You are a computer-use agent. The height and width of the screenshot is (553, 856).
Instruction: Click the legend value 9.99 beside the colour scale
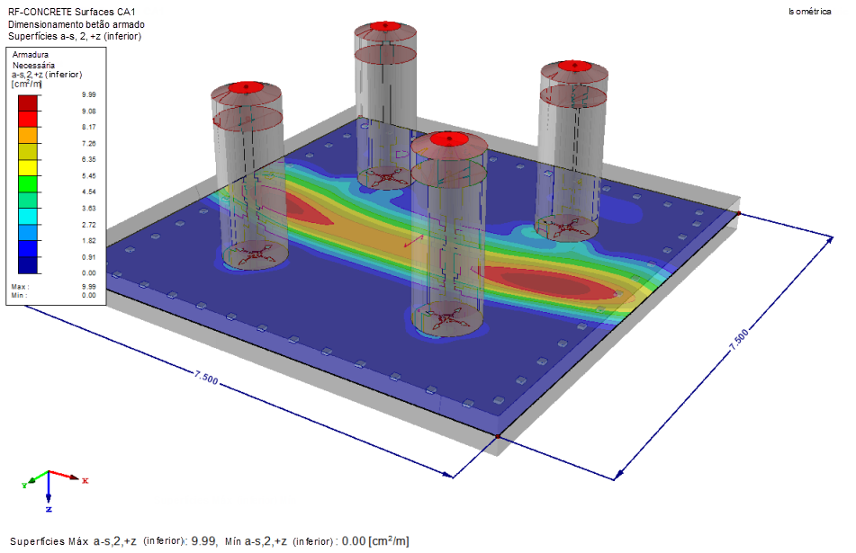(89, 95)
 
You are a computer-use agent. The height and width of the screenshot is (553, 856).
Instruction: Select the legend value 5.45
(89, 175)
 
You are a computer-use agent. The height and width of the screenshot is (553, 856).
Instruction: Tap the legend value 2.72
(89, 225)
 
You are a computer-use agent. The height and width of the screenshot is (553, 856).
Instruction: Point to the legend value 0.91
(89, 257)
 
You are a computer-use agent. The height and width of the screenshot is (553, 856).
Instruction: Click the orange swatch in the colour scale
(28, 135)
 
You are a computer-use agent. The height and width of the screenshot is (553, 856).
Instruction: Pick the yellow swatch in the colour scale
(28, 167)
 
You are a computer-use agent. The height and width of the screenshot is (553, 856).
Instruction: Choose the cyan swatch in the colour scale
(28, 217)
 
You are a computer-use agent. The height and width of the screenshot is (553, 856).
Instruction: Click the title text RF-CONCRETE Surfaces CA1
(71, 12)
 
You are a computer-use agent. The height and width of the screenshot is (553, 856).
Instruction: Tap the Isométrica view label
(809, 12)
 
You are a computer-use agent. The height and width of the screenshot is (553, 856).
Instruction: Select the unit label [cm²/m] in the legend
(26, 84)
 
